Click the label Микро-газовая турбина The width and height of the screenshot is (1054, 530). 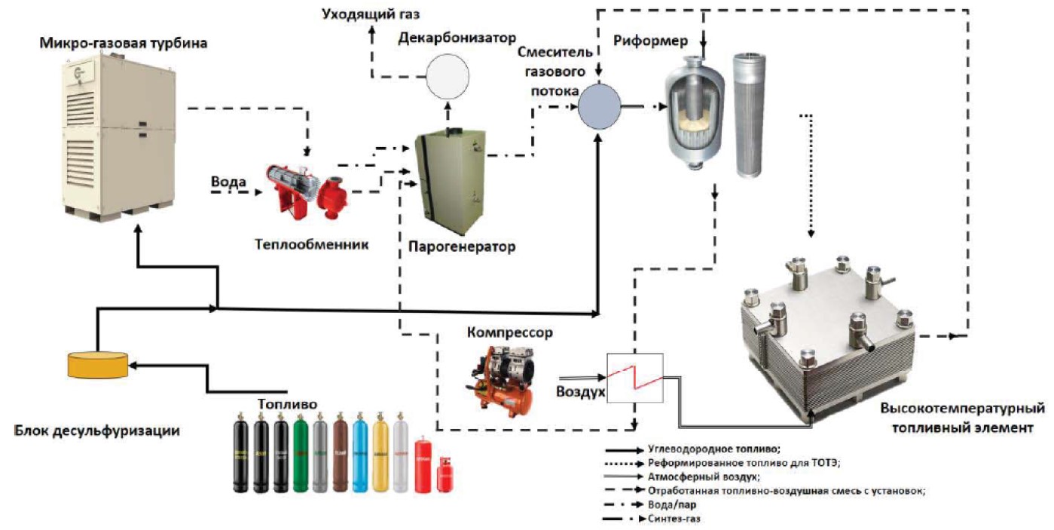[124, 44]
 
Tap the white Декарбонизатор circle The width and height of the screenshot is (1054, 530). [447, 78]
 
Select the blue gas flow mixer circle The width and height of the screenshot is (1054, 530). [599, 106]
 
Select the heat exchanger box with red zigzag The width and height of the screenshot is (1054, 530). [634, 377]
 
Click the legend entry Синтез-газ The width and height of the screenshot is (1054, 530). [675, 519]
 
